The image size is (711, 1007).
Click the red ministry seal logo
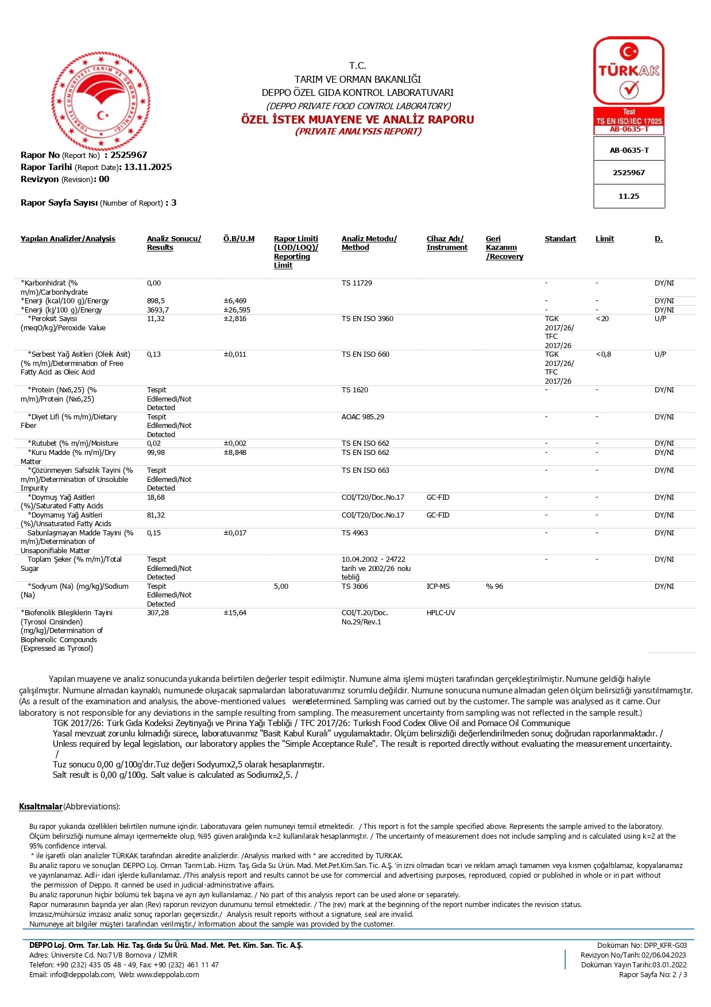(x=101, y=101)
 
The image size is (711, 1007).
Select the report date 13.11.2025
(x=148, y=167)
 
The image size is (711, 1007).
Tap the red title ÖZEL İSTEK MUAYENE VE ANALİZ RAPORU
(x=357, y=119)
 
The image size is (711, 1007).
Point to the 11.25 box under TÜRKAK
(x=629, y=196)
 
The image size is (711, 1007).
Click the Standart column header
(x=560, y=239)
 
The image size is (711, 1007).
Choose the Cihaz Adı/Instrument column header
(x=447, y=243)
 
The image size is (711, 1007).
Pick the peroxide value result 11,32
(x=156, y=319)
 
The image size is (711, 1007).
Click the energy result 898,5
(x=156, y=301)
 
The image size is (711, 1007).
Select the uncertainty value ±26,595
(x=237, y=310)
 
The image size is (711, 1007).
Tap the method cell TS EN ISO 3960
(x=367, y=319)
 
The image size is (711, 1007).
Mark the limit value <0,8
(x=603, y=354)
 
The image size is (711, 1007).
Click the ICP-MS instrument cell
(x=438, y=587)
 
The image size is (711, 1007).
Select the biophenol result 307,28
(x=158, y=613)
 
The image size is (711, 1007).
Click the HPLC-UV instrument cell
(x=440, y=613)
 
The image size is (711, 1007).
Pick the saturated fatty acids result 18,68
(x=156, y=497)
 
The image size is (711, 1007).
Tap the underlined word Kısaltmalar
(x=40, y=807)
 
